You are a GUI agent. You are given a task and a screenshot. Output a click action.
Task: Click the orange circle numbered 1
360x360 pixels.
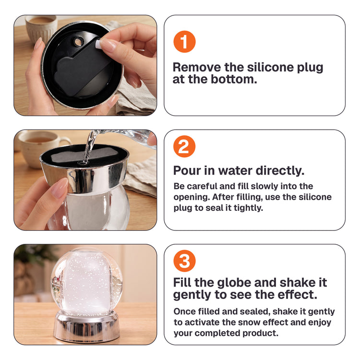(184, 42)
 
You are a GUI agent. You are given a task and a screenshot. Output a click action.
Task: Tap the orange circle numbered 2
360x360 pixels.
(184, 146)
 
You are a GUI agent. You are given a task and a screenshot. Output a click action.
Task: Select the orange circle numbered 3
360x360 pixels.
(184, 261)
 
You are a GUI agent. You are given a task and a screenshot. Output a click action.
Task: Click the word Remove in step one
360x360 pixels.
(197, 67)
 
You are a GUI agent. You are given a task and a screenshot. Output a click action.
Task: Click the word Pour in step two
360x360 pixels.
(186, 170)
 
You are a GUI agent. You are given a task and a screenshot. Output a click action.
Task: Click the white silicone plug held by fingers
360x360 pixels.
(97, 44)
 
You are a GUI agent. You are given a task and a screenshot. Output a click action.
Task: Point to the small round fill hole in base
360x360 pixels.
(79, 42)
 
